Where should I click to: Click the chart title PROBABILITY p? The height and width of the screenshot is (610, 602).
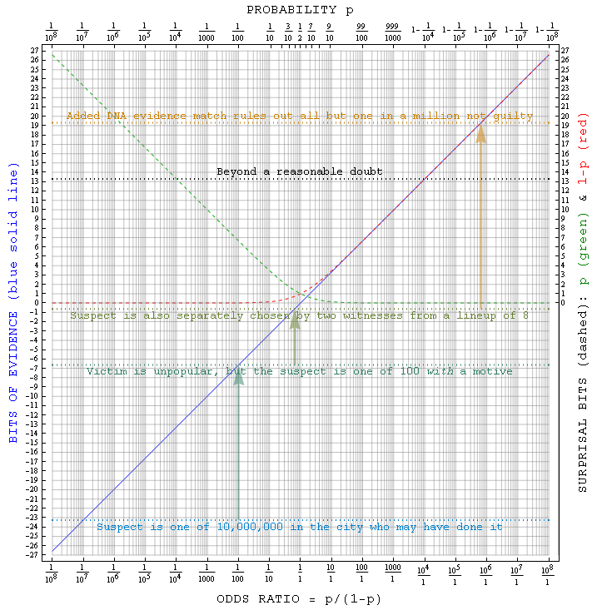click(x=300, y=9)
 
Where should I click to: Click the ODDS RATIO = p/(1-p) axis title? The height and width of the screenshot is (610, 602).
click(x=300, y=598)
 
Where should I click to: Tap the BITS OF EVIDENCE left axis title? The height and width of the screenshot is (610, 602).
click(x=13, y=303)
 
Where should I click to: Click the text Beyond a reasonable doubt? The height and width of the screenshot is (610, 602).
click(x=300, y=171)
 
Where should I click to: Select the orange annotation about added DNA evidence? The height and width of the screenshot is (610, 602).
click(x=300, y=116)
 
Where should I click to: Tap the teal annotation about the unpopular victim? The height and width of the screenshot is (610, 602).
click(x=300, y=371)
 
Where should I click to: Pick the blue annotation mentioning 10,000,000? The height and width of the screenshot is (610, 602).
click(x=300, y=527)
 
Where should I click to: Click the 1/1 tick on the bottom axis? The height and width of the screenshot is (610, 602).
click(x=300, y=575)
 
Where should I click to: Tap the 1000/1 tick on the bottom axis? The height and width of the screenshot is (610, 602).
click(x=392, y=575)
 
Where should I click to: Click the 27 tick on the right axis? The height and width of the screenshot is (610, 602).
click(x=566, y=51)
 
